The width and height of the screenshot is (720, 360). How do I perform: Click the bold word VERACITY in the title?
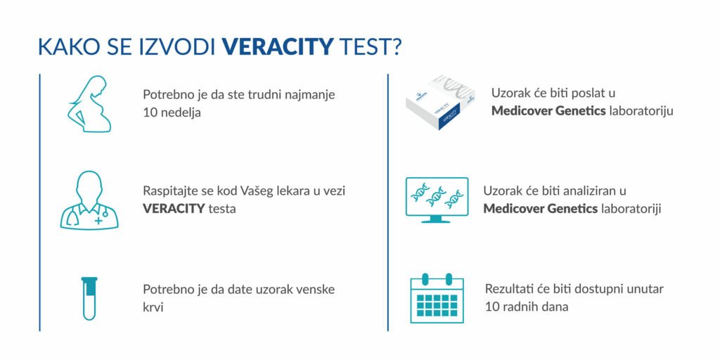click(277, 47)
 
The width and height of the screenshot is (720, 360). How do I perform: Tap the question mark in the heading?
click(397, 47)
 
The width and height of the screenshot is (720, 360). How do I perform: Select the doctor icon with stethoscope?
click(89, 200)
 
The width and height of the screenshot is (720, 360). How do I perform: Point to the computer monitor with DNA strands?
click(437, 200)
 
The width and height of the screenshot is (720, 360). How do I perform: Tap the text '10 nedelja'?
click(172, 112)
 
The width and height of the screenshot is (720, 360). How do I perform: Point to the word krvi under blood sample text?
click(153, 307)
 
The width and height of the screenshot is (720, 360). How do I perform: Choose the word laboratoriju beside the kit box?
click(641, 110)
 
